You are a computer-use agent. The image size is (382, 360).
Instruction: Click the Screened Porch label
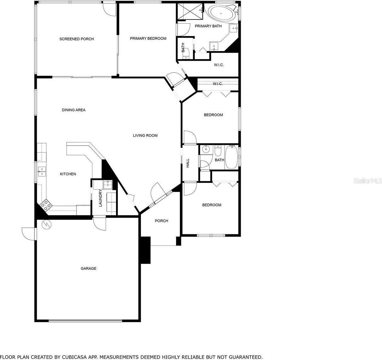pyautogui.click(x=77, y=39)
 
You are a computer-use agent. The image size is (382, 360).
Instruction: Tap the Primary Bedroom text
pyautogui.click(x=148, y=39)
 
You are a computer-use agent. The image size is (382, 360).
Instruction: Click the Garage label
pyautogui.click(x=88, y=268)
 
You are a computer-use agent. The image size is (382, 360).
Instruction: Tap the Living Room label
pyautogui.click(x=145, y=135)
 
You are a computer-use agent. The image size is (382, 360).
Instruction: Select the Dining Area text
pyautogui.click(x=73, y=110)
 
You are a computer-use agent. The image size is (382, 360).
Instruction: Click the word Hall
pyautogui.click(x=188, y=163)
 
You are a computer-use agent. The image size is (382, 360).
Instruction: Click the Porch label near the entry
pyautogui.click(x=161, y=221)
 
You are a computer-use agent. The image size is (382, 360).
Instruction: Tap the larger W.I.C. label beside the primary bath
pyautogui.click(x=219, y=65)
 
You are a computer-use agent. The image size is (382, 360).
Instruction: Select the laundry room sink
pyautogui.click(x=107, y=184)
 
